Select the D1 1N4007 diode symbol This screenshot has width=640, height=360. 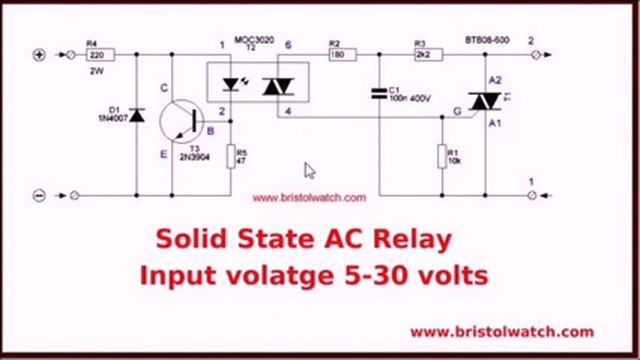click(x=137, y=117)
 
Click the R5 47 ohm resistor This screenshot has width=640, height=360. click(x=233, y=156)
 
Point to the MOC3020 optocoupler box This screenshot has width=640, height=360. click(x=256, y=84)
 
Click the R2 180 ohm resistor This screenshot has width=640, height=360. click(x=336, y=55)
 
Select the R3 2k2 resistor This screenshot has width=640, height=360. click(x=422, y=55)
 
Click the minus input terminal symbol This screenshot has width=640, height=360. click(x=40, y=196)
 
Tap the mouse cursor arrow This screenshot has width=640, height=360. click(x=310, y=171)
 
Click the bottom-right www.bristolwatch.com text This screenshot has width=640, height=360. click(x=501, y=331)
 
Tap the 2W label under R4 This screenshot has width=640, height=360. click(x=96, y=72)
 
